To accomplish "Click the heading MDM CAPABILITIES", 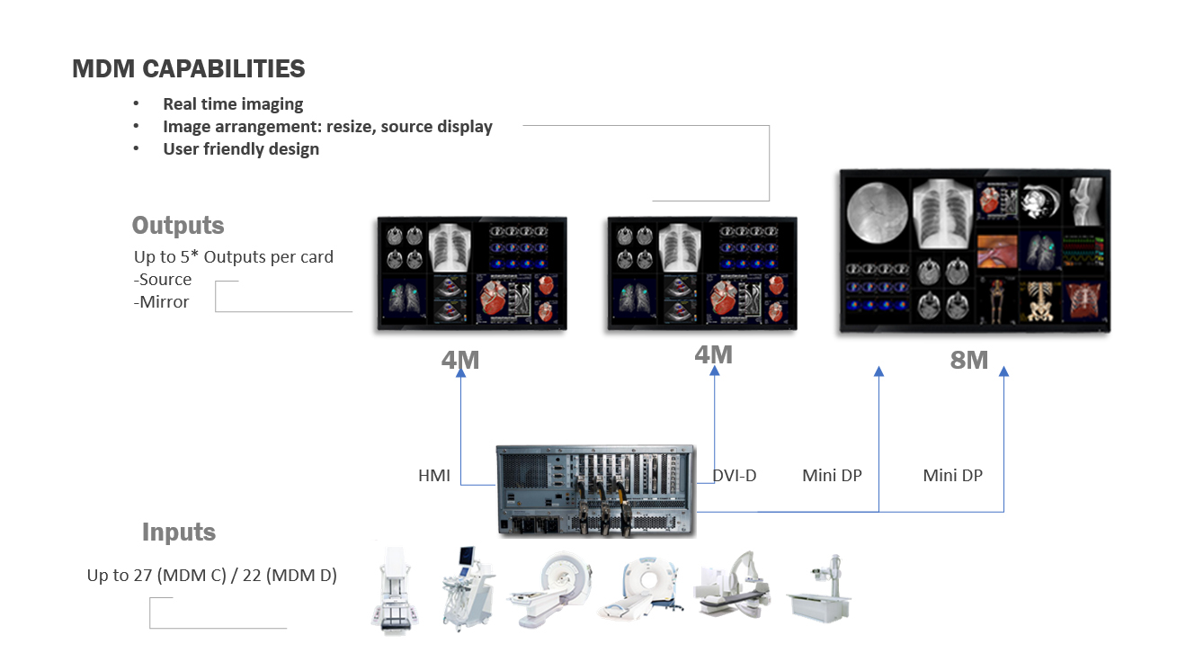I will tap(189, 69).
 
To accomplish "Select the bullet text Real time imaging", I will tap(233, 104).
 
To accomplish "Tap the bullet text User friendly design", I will tap(241, 149).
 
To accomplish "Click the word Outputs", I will tap(178, 225).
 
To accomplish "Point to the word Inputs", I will tap(179, 532).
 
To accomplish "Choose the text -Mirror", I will tap(162, 302).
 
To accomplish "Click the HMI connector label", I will tap(434, 476).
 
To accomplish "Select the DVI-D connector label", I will tap(735, 476).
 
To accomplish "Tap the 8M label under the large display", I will tap(969, 361).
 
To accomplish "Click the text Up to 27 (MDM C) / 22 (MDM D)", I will tap(212, 576).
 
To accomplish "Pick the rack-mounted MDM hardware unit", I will tap(596, 491).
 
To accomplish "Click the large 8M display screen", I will tap(975, 253).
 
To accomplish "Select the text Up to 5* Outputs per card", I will tap(234, 257).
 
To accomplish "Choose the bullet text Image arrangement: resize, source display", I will tap(327, 127).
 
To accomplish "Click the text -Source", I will tap(163, 280).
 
